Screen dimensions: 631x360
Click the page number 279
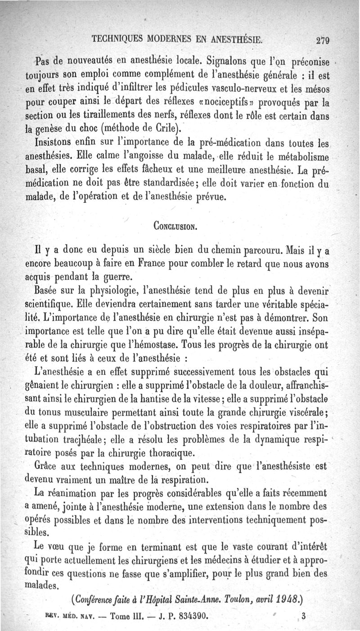323,40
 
